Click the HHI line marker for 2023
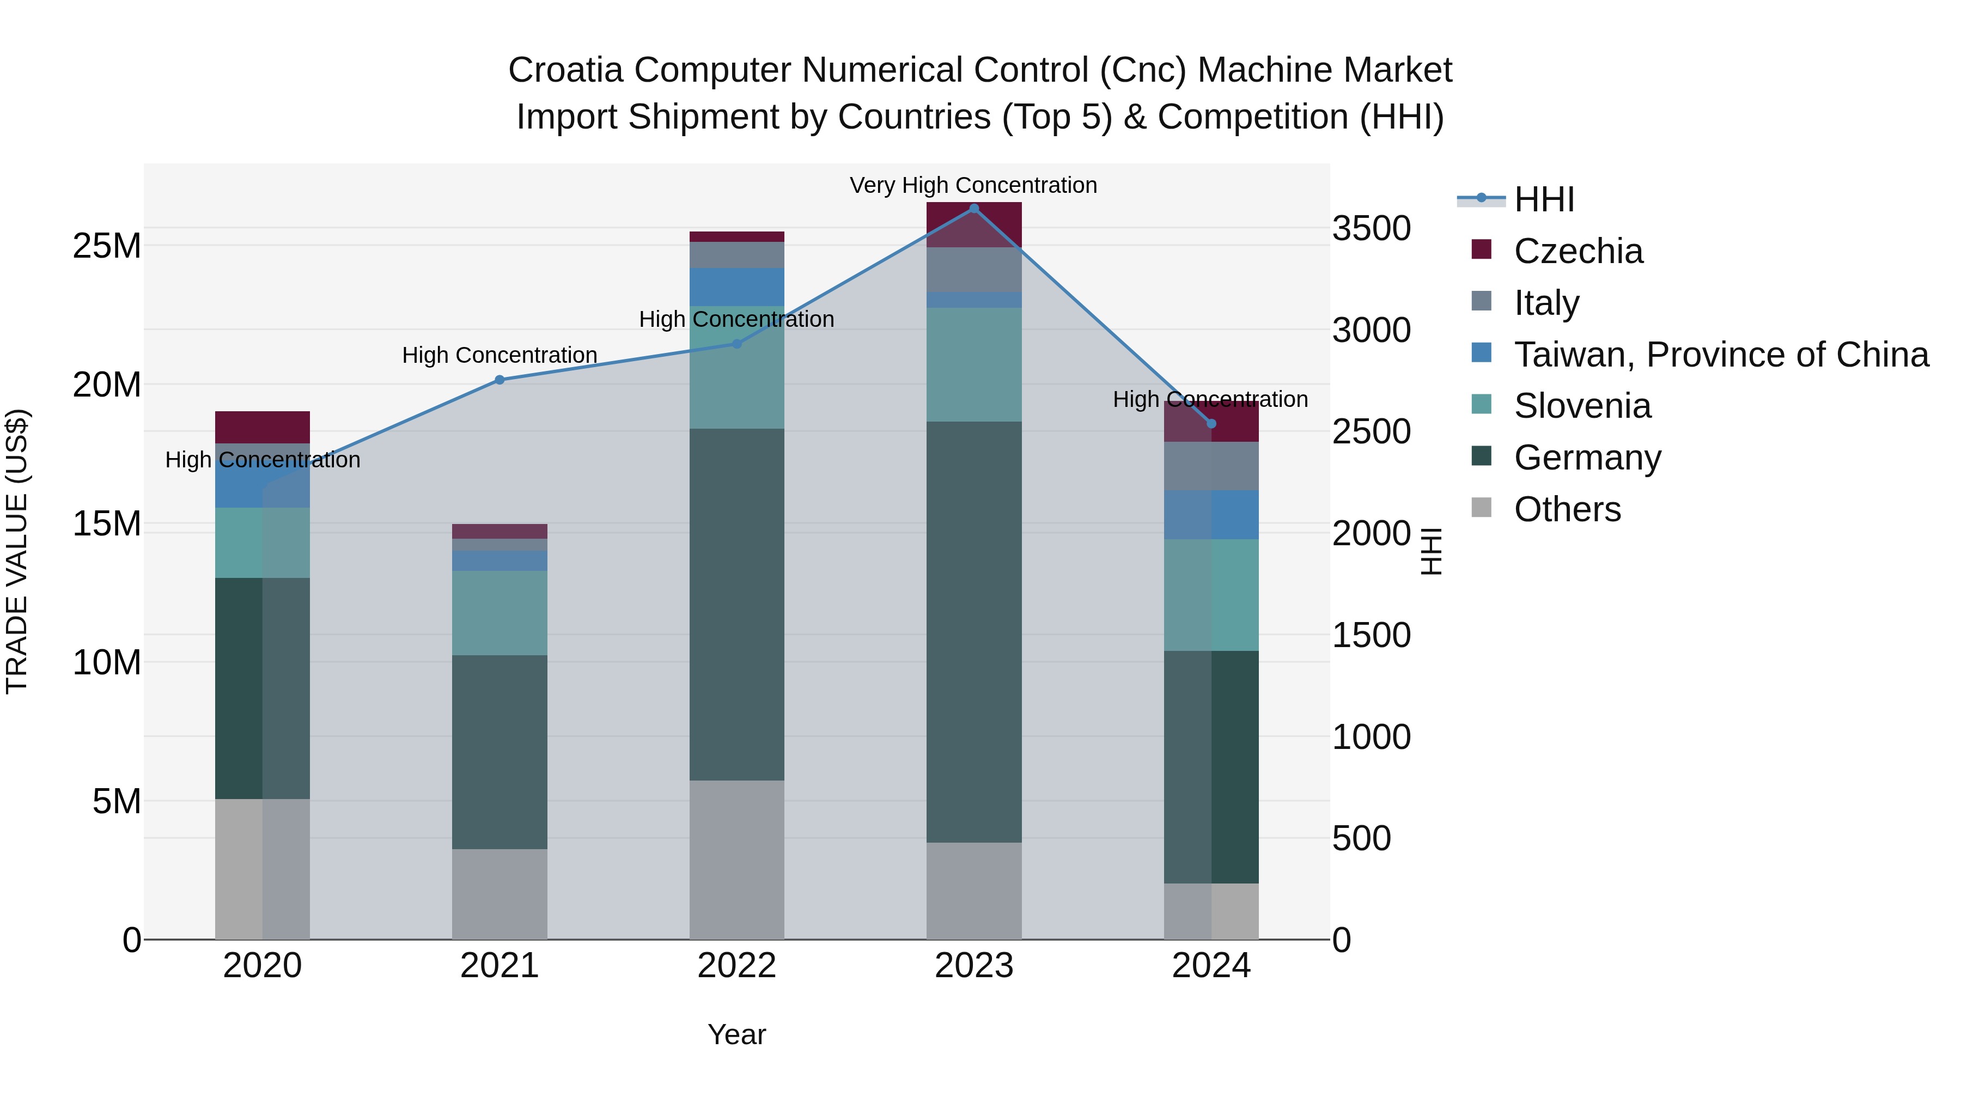pyautogui.click(x=973, y=209)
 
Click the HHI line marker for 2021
pyautogui.click(x=500, y=380)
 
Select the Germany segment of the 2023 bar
pyautogui.click(x=973, y=632)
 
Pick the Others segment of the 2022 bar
pyautogui.click(x=736, y=860)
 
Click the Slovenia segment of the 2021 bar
pyautogui.click(x=500, y=613)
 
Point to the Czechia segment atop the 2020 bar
pyautogui.click(x=262, y=427)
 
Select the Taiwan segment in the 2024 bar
pyautogui.click(x=1211, y=515)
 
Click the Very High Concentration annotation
pyautogui.click(x=973, y=185)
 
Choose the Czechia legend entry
pyautogui.click(x=1578, y=251)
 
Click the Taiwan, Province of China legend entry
pyautogui.click(x=1720, y=355)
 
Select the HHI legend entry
pyautogui.click(x=1543, y=199)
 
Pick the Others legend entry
pyautogui.click(x=1567, y=509)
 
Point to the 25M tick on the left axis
pyautogui.click(x=107, y=246)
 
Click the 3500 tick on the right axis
pyautogui.click(x=1371, y=228)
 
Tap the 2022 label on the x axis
pyautogui.click(x=736, y=966)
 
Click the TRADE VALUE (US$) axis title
pyautogui.click(x=17, y=551)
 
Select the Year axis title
pyautogui.click(x=736, y=1034)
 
